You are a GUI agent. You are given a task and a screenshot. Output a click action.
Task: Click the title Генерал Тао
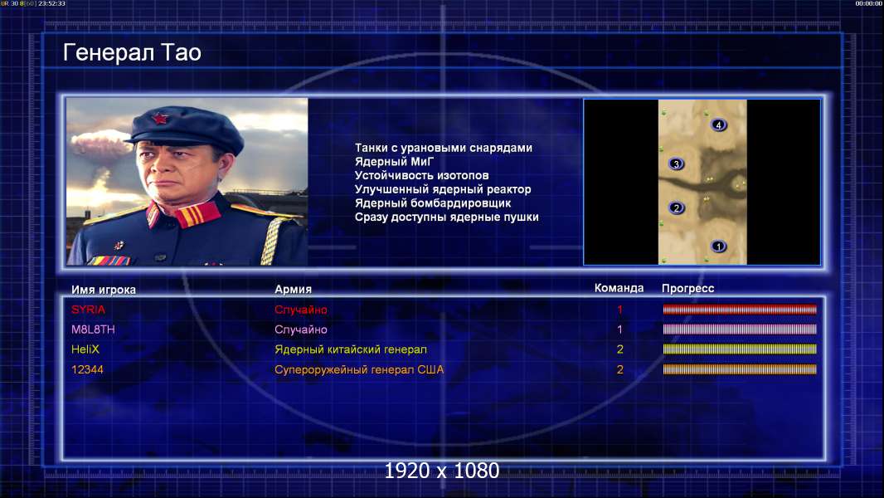tap(132, 52)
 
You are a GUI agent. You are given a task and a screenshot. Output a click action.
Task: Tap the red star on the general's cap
tap(160, 118)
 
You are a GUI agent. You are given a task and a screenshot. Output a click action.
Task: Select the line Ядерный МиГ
tap(394, 162)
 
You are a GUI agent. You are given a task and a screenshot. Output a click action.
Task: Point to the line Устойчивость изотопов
tap(422, 175)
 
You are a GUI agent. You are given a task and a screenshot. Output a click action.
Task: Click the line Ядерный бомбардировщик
tap(432, 203)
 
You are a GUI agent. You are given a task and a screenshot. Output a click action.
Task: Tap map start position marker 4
tap(718, 124)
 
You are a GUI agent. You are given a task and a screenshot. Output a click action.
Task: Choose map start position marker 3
tap(676, 164)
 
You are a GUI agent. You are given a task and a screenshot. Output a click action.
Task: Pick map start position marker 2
tap(677, 208)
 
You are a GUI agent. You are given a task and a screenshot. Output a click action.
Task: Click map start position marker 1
tap(718, 247)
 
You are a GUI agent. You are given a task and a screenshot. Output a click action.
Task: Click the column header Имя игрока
tap(103, 290)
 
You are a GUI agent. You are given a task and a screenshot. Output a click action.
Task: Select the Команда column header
tap(619, 288)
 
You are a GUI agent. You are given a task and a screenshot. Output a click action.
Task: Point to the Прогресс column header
tap(687, 289)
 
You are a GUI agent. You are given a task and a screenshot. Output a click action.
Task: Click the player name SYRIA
tap(88, 310)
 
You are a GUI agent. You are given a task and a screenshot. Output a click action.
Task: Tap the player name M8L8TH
tap(92, 330)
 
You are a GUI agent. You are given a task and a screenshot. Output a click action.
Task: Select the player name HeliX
tap(85, 349)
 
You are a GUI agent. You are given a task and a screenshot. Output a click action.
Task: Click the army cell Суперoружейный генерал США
tap(359, 370)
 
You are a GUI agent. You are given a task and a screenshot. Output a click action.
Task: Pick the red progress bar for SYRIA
tap(740, 309)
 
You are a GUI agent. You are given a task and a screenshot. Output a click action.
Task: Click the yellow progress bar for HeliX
tap(740, 349)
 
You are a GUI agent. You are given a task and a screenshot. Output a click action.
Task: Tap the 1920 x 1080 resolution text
tap(442, 471)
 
